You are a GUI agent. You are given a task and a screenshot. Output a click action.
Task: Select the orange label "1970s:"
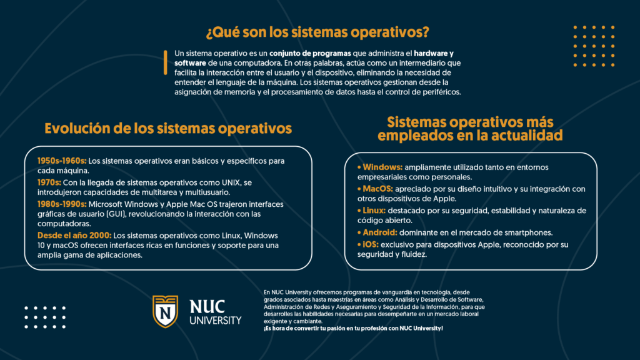point(49,182)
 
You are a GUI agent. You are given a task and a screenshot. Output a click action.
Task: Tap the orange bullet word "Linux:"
point(373,211)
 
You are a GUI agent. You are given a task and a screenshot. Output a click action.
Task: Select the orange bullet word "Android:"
point(379,232)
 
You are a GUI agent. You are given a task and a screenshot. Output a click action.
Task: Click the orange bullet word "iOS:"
point(370,244)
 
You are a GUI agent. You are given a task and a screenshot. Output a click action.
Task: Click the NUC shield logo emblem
point(166,311)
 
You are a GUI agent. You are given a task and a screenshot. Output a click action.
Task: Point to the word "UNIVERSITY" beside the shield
point(215,321)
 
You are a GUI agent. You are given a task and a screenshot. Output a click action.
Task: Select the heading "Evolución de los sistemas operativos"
point(168,129)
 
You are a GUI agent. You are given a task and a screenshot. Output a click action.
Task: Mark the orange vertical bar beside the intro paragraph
point(166,62)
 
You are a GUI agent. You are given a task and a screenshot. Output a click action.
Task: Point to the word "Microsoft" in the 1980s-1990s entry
point(109,204)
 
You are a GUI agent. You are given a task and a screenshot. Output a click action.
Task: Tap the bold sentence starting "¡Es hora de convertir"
point(353,329)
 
